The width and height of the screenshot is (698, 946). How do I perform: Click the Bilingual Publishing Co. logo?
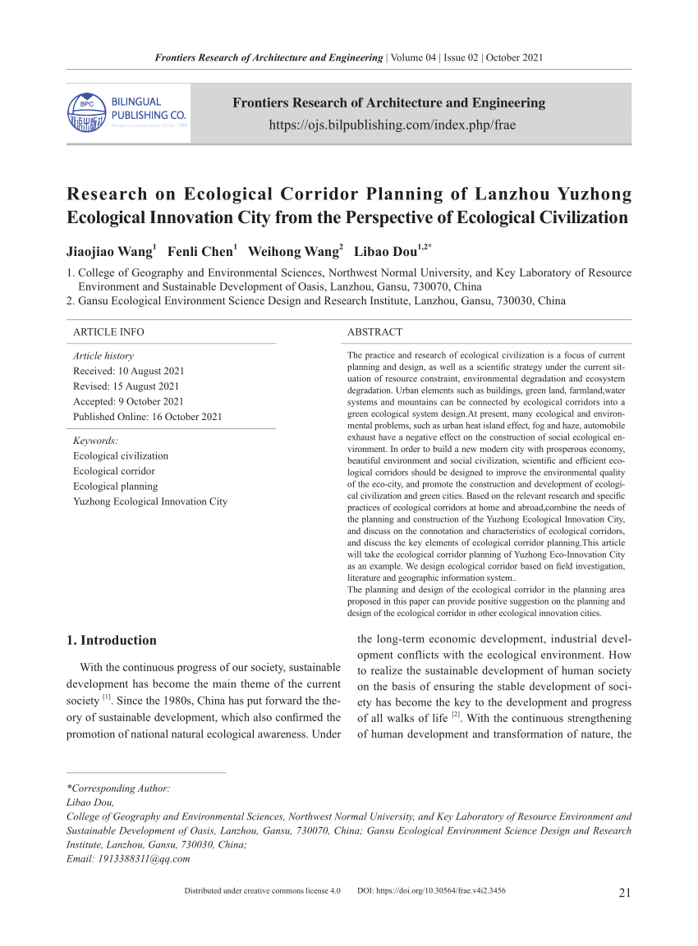click(x=127, y=113)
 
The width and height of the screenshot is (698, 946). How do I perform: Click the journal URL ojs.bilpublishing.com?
click(x=388, y=126)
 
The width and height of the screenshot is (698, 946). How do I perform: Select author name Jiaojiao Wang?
click(x=109, y=251)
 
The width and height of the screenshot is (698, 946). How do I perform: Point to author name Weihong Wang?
click(x=293, y=251)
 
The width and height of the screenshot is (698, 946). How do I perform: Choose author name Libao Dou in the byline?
click(x=384, y=251)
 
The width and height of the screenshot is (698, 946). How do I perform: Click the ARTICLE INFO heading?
click(x=108, y=332)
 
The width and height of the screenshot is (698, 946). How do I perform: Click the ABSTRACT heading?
click(x=374, y=332)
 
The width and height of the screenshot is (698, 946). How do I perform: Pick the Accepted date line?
click(x=128, y=401)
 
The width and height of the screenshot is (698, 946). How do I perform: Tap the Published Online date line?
click(x=147, y=417)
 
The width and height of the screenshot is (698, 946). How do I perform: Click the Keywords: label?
click(x=96, y=441)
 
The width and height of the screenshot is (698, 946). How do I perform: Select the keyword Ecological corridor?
click(x=113, y=471)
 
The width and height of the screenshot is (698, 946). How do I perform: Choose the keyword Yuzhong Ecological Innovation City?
click(x=150, y=501)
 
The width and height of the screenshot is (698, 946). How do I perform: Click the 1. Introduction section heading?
click(x=110, y=641)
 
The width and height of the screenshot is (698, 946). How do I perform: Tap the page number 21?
click(x=623, y=893)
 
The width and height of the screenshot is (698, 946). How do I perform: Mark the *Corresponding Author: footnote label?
click(x=117, y=788)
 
